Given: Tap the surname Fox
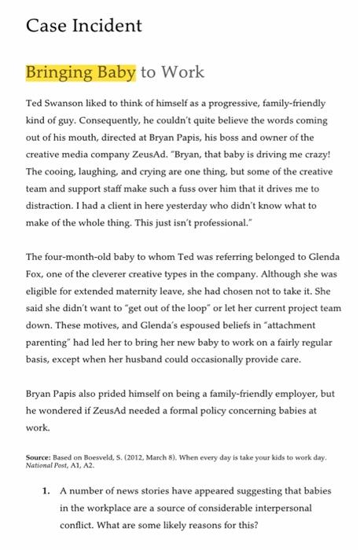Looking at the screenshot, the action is (36, 273).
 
